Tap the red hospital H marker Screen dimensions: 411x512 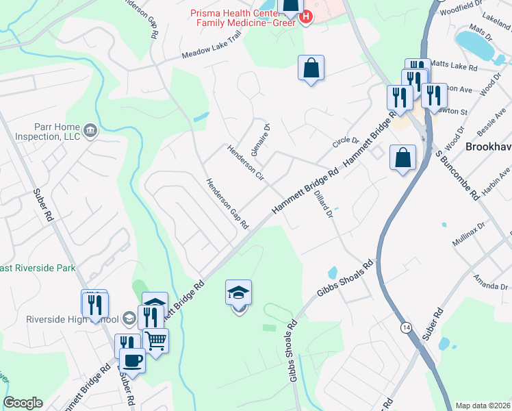[306, 16]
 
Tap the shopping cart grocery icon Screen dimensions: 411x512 [155, 339]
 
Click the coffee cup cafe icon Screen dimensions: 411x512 [132, 359]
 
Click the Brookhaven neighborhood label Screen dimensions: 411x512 [488, 147]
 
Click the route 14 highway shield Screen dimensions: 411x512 [406, 329]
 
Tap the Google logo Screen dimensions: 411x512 [23, 403]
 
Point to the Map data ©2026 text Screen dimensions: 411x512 [483, 406]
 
